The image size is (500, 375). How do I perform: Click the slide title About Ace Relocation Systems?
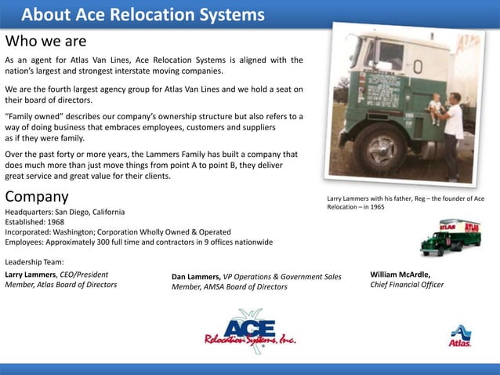143,15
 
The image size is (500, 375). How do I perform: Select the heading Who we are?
45,41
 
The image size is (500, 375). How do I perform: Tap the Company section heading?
37,196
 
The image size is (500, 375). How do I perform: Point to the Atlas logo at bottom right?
460,336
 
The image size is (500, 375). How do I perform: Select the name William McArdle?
400,275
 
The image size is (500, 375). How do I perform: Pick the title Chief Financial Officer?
407,285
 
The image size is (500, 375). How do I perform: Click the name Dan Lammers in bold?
195,277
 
